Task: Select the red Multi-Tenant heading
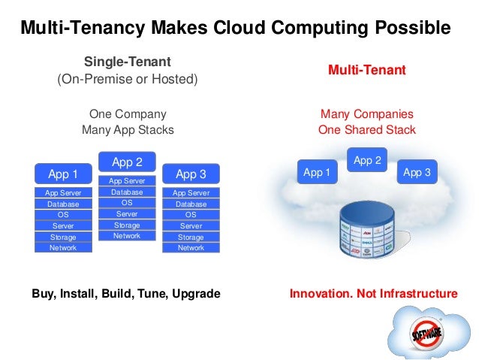[366, 70]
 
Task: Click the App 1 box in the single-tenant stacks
[63, 174]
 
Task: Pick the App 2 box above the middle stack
[127, 162]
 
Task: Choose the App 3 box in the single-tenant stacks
[191, 174]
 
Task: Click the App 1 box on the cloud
[317, 172]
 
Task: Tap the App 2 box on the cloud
[367, 160]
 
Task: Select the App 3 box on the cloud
[417, 172]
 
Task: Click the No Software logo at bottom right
[424, 331]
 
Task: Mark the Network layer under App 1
[63, 247]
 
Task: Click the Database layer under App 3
[191, 204]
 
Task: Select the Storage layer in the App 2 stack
[127, 225]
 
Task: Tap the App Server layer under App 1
[63, 193]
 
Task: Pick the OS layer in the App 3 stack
[191, 215]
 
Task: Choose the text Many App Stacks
[128, 130]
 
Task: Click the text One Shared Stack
[366, 130]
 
